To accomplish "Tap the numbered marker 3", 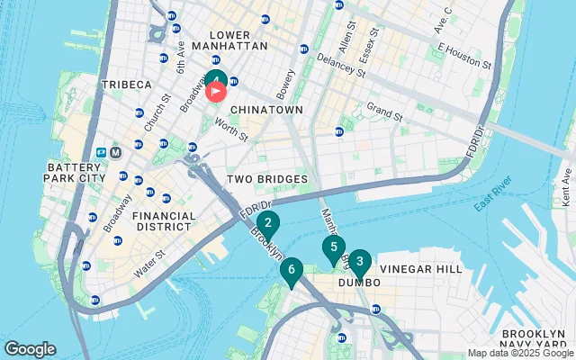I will click(359, 263).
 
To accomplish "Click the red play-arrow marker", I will click(217, 90).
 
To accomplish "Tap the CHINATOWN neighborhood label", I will click(265, 109).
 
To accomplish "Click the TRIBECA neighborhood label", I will click(127, 85).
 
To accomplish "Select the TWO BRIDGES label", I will click(267, 179).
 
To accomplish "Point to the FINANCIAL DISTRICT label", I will click(163, 222).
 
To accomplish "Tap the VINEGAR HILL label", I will click(421, 269).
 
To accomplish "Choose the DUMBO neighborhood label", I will click(354, 283).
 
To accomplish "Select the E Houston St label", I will click(463, 56).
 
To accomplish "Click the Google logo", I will click(30, 349).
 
